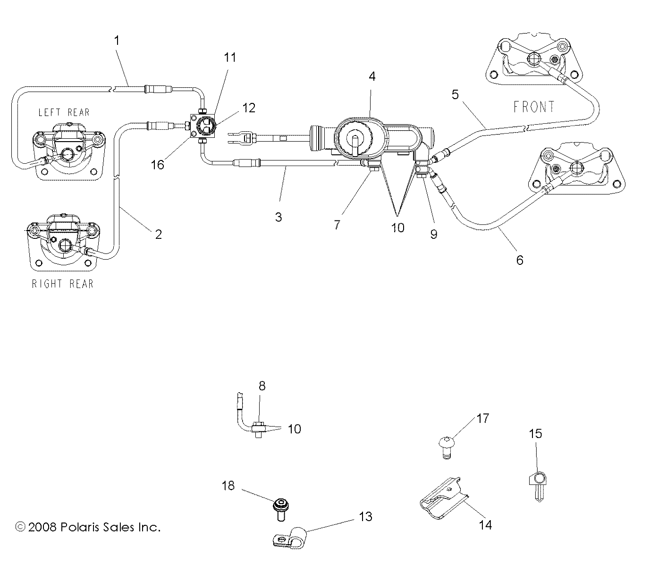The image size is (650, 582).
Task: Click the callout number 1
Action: [117, 41]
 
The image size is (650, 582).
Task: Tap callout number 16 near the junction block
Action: [158, 165]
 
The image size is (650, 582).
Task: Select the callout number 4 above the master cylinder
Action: [372, 76]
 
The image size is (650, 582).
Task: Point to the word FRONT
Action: [534, 107]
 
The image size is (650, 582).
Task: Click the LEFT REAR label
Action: [64, 112]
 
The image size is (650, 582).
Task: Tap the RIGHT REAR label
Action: [62, 284]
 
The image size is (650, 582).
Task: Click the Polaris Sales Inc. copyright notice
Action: [88, 527]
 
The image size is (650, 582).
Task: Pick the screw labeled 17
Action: [446, 446]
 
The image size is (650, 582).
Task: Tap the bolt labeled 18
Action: [281, 507]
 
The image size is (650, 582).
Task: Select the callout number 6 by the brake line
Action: [520, 260]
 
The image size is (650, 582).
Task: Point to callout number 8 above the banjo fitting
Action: [262, 386]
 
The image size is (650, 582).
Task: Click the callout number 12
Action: [248, 108]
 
